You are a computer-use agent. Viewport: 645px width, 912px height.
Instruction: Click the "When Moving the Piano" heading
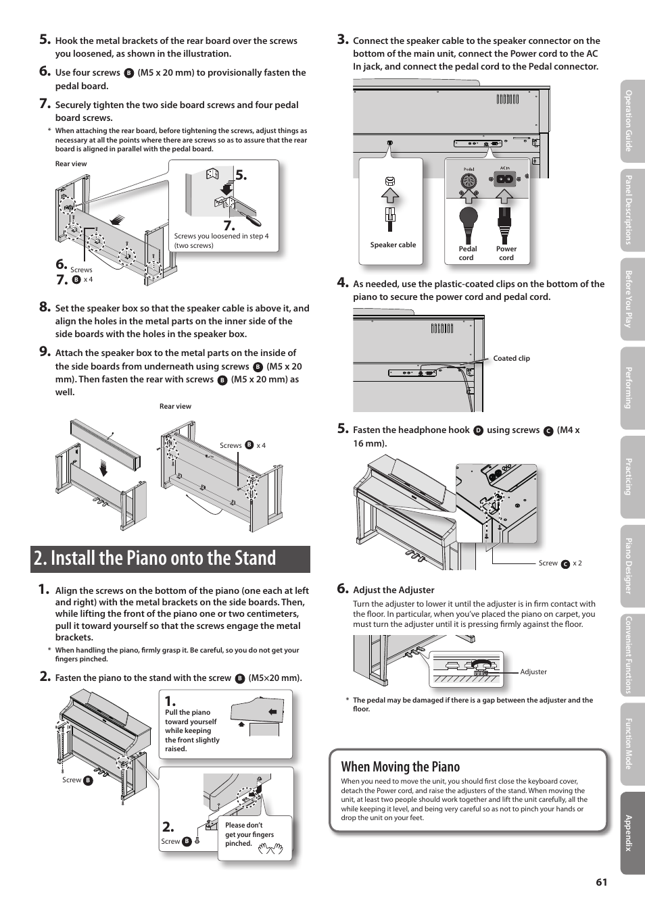(x=400, y=767)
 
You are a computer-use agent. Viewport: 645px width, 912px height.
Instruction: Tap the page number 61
(x=601, y=882)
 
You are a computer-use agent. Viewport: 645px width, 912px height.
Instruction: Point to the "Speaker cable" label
(x=393, y=245)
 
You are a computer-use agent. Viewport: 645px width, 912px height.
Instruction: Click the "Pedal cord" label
(x=467, y=253)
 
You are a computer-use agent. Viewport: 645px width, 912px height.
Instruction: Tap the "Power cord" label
(x=506, y=253)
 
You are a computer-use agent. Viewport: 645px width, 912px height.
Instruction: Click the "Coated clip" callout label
(x=511, y=359)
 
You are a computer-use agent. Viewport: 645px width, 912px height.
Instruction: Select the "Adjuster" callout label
(x=533, y=672)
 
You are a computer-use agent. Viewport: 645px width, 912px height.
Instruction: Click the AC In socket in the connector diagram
(x=504, y=180)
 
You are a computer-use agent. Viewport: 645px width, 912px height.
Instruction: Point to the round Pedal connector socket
(x=469, y=181)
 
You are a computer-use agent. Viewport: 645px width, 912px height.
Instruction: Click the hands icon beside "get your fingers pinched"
(x=270, y=848)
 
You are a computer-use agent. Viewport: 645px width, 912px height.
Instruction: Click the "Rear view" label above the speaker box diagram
(x=175, y=407)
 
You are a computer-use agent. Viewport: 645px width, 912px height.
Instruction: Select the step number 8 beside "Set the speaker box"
(x=45, y=307)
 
